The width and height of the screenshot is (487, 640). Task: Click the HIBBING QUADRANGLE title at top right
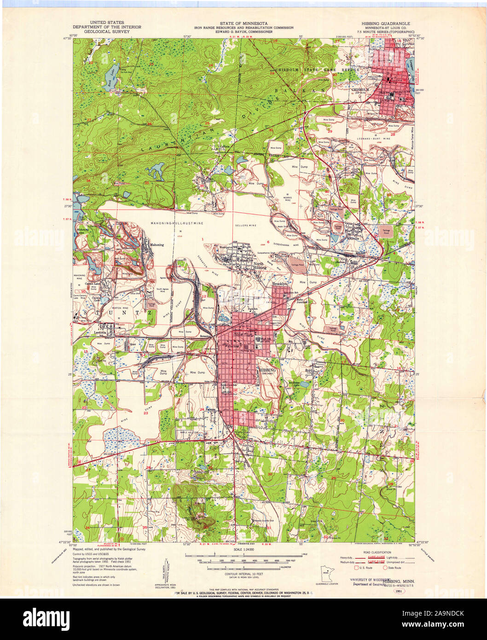[385, 23]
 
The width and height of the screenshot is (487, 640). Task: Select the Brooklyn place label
[279, 285]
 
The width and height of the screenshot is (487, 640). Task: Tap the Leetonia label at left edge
[100, 332]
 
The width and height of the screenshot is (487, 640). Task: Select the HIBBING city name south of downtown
[267, 370]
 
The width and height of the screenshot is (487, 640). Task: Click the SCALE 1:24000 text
[243, 549]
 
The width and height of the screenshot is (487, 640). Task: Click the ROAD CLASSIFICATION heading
[377, 552]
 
